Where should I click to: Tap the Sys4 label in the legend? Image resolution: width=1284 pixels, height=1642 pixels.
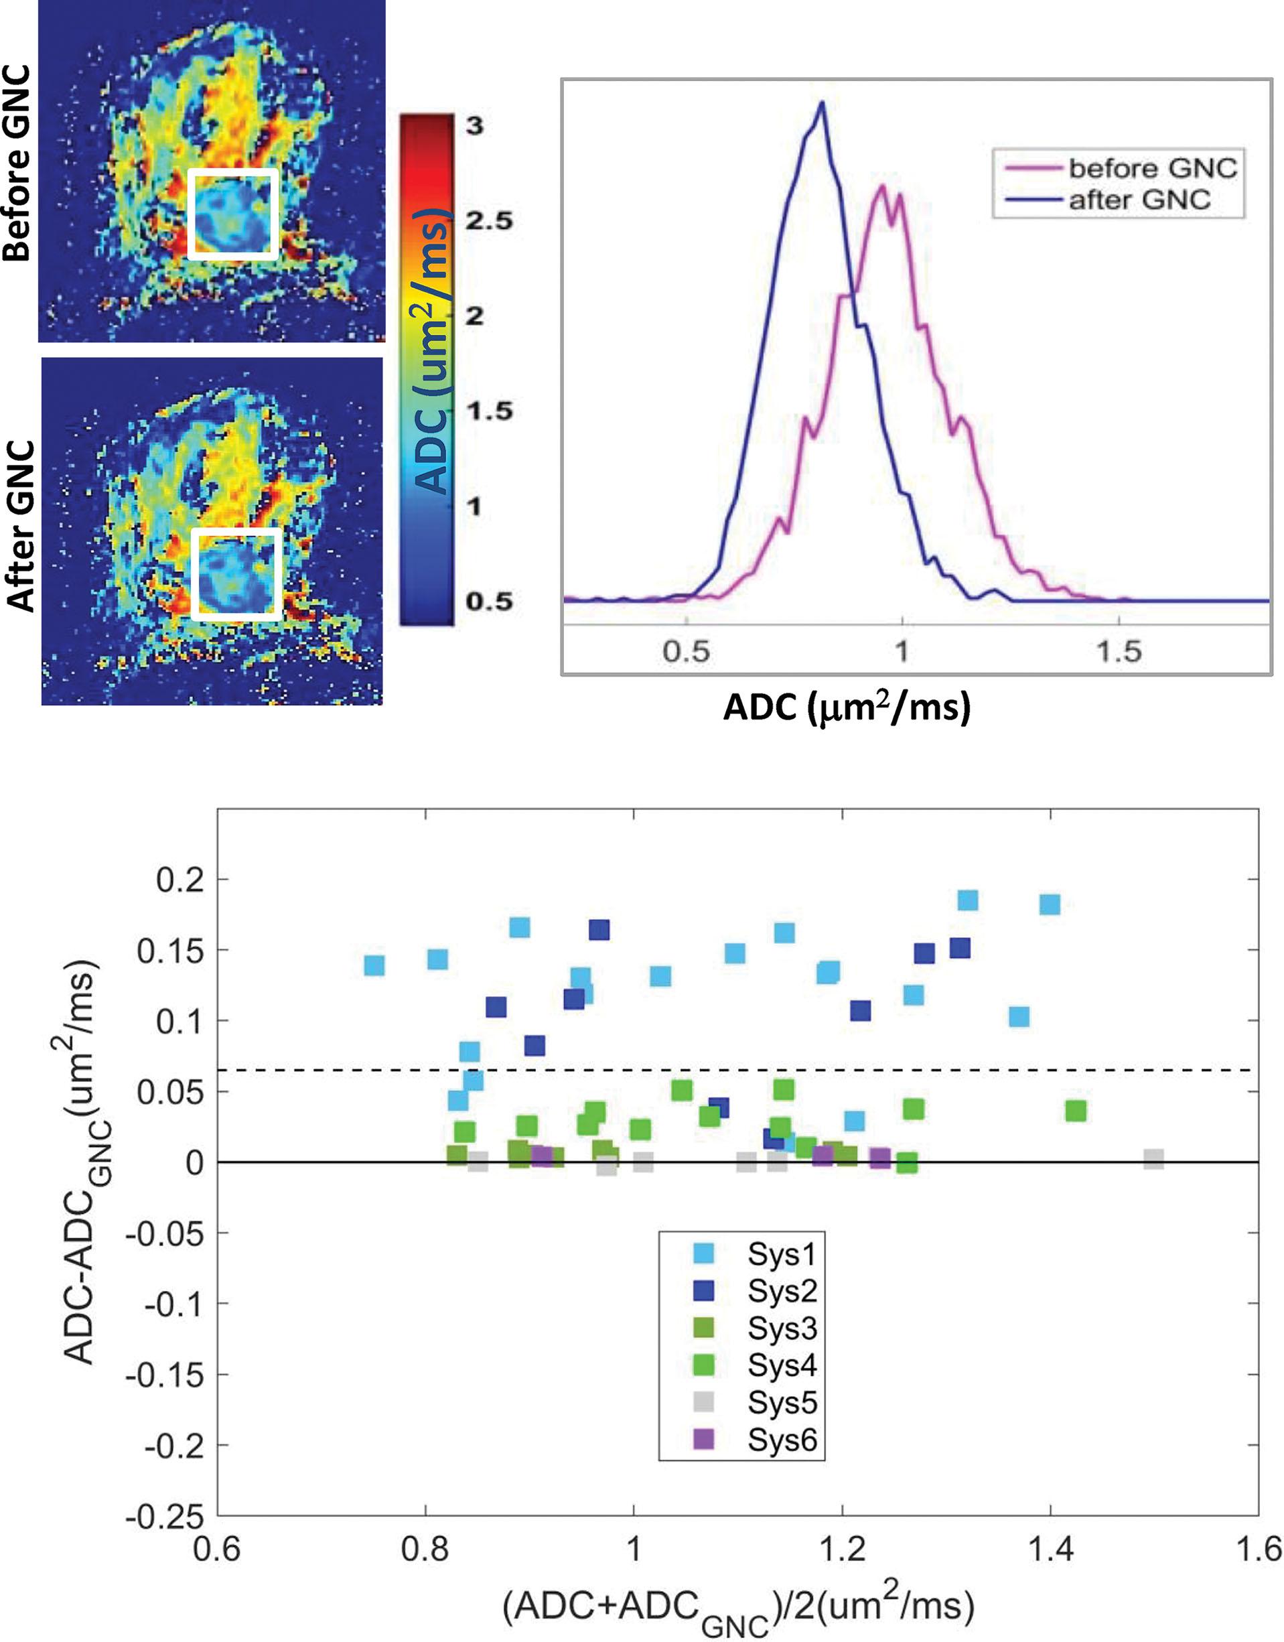coord(782,1365)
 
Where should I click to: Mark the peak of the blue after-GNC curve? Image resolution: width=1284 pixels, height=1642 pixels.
coord(822,104)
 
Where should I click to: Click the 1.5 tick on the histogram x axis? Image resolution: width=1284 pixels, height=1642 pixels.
coord(1119,652)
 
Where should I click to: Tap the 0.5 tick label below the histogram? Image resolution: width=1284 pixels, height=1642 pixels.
coord(686,652)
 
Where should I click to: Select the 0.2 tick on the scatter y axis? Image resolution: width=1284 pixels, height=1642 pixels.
coord(180,879)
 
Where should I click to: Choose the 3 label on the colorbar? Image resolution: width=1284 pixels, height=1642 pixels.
coord(474,125)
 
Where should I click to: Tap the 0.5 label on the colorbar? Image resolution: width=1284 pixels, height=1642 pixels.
coord(489,601)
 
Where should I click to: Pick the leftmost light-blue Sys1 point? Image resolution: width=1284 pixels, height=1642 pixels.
coord(374,965)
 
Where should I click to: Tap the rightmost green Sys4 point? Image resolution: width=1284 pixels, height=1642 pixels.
coord(1076,1111)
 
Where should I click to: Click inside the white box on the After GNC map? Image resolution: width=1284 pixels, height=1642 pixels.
coord(235,573)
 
